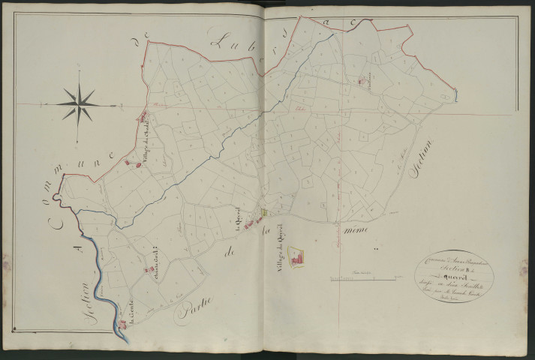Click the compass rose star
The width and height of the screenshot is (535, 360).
(78, 102)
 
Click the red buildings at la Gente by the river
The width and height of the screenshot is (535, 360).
(124, 323)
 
